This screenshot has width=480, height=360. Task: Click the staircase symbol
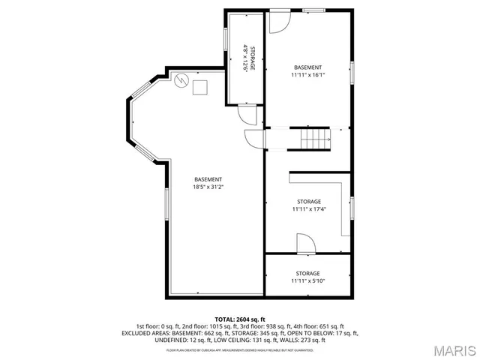[315, 138]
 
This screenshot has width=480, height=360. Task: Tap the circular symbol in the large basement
[180, 80]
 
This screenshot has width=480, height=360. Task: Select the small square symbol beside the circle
[199, 87]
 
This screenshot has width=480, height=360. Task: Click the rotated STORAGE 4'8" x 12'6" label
[247, 58]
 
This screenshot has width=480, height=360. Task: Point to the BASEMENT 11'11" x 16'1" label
[307, 71]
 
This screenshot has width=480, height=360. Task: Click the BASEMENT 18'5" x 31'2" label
[208, 183]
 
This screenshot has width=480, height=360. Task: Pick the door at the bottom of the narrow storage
[247, 115]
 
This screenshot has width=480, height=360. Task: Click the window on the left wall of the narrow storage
[226, 40]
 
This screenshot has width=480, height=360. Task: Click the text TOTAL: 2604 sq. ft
[240, 319]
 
